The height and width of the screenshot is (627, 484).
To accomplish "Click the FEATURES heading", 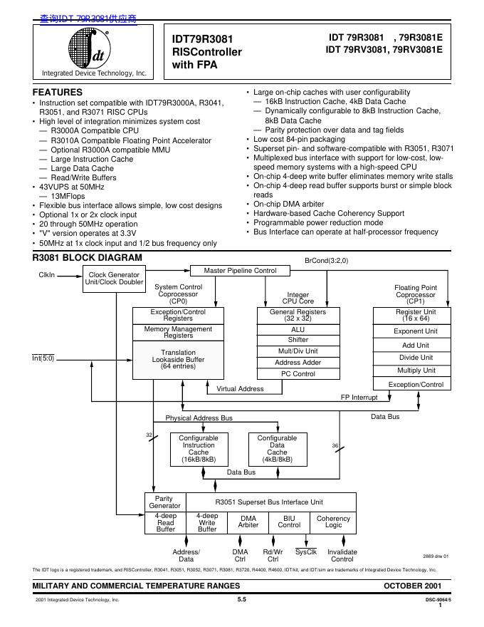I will (x=58, y=92).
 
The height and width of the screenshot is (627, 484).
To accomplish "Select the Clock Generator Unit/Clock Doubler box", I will (x=114, y=279).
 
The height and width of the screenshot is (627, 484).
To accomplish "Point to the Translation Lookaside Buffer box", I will (x=178, y=360).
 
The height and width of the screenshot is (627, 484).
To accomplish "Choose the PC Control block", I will (x=298, y=373).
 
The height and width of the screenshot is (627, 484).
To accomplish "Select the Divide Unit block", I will (x=416, y=358).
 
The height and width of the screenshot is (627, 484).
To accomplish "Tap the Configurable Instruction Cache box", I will (x=199, y=448).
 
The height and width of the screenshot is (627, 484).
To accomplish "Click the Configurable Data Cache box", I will (x=277, y=448).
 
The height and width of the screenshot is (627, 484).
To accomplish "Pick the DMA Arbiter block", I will (x=248, y=522).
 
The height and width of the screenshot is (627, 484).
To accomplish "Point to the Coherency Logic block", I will (x=333, y=522).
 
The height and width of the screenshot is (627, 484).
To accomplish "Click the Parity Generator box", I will (x=164, y=502).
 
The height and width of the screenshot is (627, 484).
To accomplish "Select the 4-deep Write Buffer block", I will (x=207, y=522).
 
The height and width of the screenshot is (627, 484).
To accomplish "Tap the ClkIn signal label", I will (x=46, y=274).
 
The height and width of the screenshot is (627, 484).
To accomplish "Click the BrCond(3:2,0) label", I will (x=327, y=261).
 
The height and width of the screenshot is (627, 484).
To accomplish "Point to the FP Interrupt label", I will (x=359, y=397).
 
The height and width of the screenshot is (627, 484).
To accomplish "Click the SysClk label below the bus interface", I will (x=306, y=552).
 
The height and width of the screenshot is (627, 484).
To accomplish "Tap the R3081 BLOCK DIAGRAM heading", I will (x=87, y=257).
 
